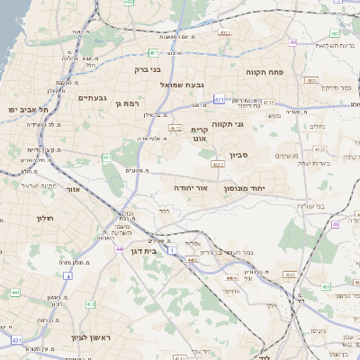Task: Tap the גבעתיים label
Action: point(93,97)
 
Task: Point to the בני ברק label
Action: point(147,68)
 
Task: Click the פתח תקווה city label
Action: point(265,69)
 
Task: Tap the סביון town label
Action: point(238,155)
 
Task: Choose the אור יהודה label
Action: point(191,188)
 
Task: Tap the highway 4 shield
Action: point(67,276)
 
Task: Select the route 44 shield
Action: point(119,247)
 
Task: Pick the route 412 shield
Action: point(176,128)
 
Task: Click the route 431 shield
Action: point(16,340)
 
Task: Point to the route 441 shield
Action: point(15,292)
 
